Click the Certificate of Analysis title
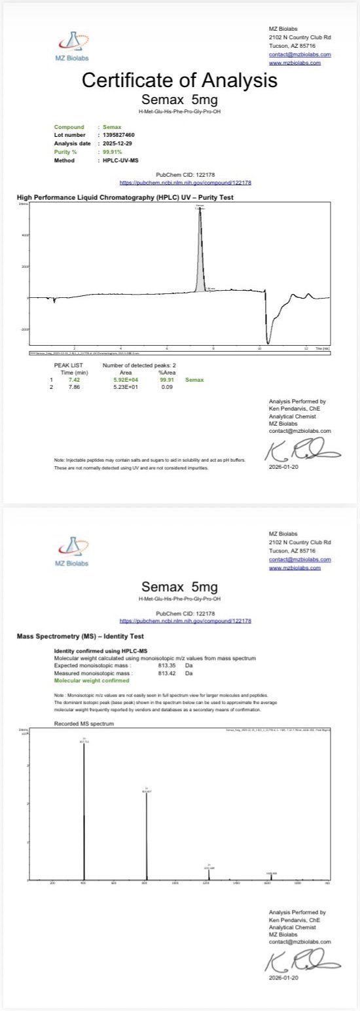(x=179, y=81)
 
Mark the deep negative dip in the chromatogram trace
(x=267, y=337)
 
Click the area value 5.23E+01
(x=126, y=386)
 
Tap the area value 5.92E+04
(x=126, y=379)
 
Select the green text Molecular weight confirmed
(x=90, y=680)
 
